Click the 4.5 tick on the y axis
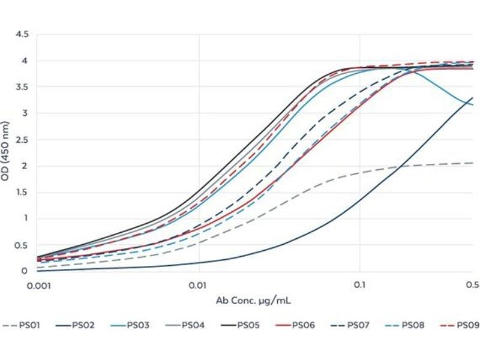click(22, 34)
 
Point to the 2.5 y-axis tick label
click(22, 139)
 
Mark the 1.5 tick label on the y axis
click(22, 192)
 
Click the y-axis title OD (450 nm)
click(8, 153)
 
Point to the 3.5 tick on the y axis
click(22, 87)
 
